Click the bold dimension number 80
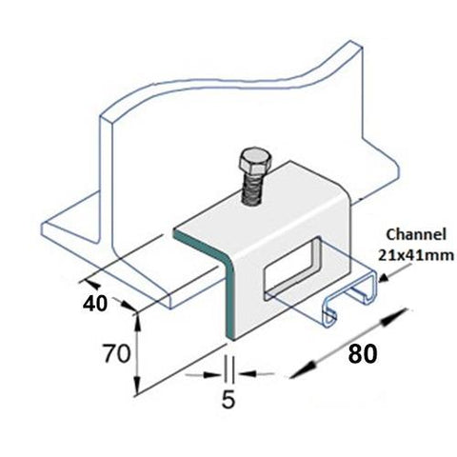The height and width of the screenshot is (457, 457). tap(360, 355)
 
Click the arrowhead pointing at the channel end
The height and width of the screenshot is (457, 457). tap(384, 278)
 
